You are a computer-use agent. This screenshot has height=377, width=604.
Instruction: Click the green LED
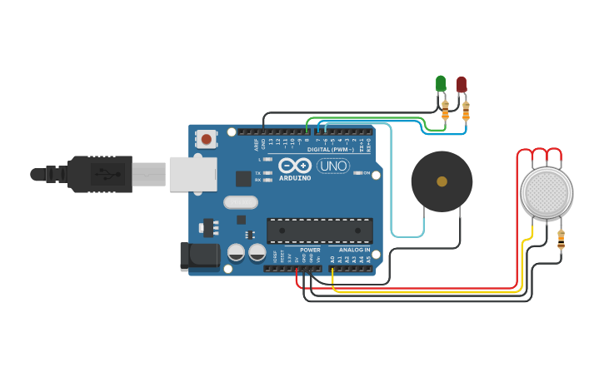[441, 82]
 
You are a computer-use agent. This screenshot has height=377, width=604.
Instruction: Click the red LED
[462, 83]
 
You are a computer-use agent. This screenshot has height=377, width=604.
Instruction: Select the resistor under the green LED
[445, 108]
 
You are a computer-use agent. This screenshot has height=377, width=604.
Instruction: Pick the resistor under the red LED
[466, 109]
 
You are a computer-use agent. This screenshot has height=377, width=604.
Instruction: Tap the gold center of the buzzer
[442, 181]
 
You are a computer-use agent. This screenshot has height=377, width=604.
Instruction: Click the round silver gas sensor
[547, 192]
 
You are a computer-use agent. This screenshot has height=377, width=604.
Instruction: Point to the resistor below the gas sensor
[561, 241]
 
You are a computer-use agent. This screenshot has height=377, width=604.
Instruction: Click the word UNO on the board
[333, 166]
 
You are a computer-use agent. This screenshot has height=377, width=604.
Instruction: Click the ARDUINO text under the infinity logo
[295, 178]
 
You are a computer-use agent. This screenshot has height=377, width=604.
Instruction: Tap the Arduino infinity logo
[295, 165]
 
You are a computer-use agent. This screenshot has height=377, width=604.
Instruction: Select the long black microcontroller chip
[319, 231]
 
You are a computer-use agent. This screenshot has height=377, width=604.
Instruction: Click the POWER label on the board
[310, 250]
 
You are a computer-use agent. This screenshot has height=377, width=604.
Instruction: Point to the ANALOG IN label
[354, 250]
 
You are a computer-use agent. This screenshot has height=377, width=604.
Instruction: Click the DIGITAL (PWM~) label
[331, 150]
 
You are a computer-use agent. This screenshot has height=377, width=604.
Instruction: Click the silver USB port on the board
[192, 174]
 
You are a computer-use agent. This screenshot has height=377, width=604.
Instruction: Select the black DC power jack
[200, 255]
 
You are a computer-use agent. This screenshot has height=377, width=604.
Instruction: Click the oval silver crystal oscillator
[240, 202]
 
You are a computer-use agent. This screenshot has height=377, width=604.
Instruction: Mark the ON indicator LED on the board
[357, 173]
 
